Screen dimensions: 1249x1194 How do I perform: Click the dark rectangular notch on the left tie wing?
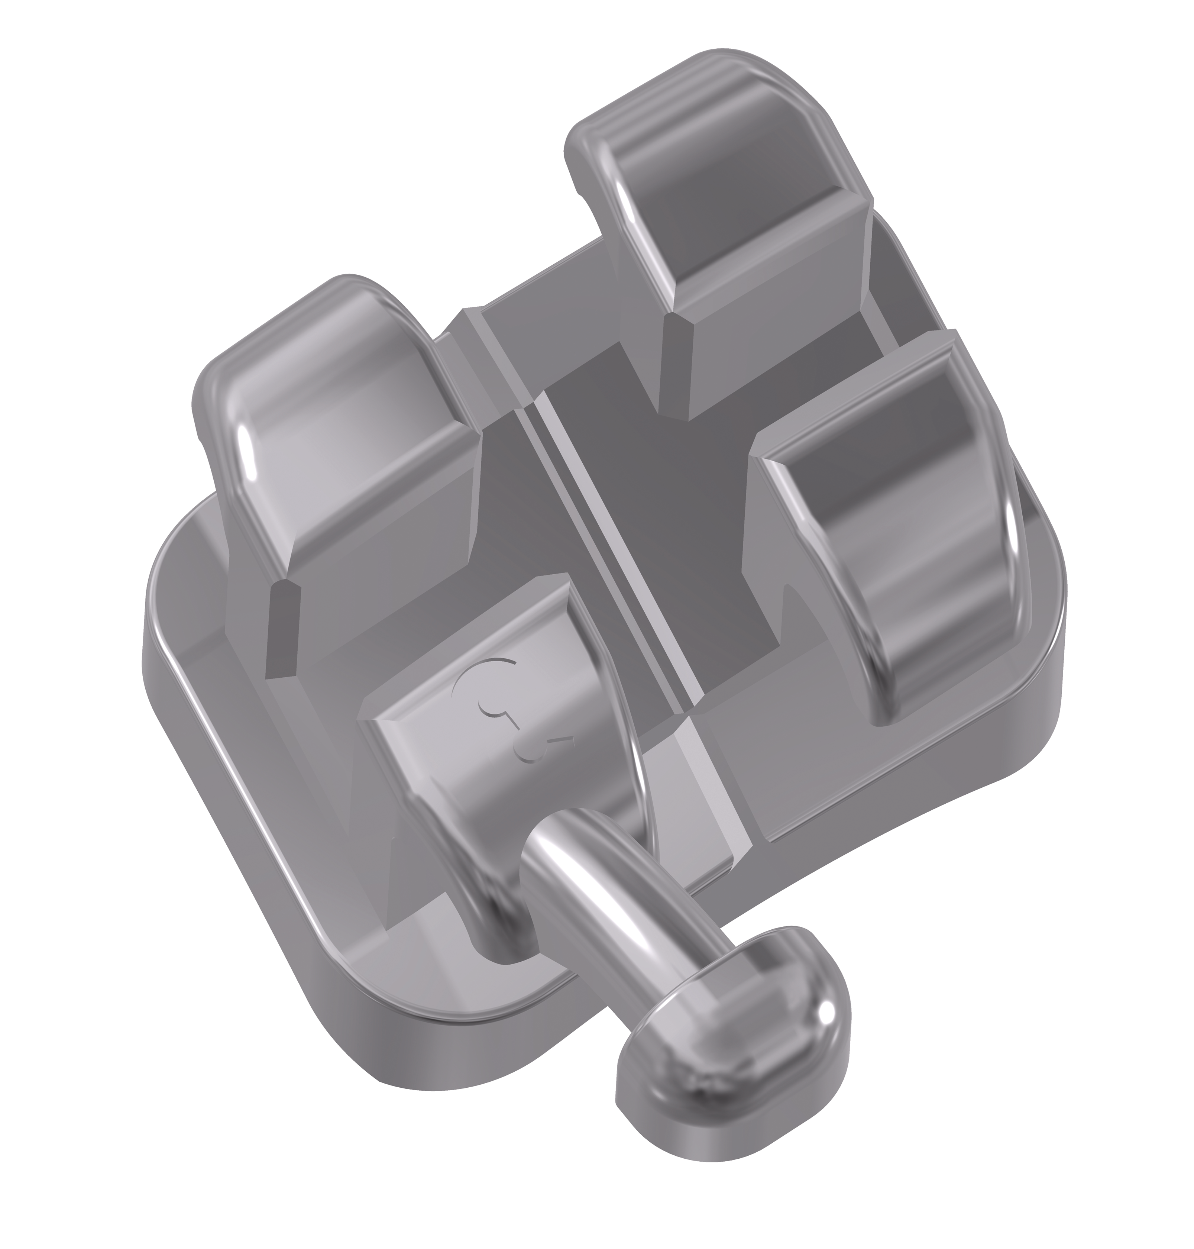click(x=280, y=627)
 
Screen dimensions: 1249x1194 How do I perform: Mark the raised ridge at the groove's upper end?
click(x=471, y=318)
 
